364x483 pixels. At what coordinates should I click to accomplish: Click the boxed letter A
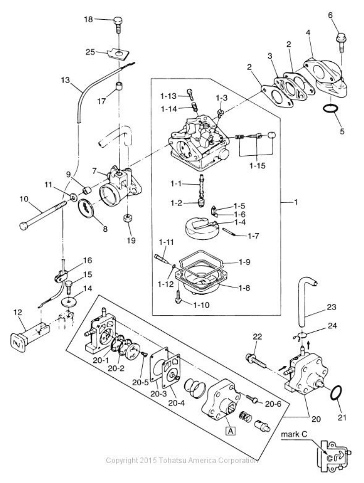coord(231,430)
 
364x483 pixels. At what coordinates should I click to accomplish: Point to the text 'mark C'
coord(294,435)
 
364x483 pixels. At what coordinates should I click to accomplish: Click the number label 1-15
coord(257,166)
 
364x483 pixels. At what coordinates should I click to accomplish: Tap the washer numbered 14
coord(68,302)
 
